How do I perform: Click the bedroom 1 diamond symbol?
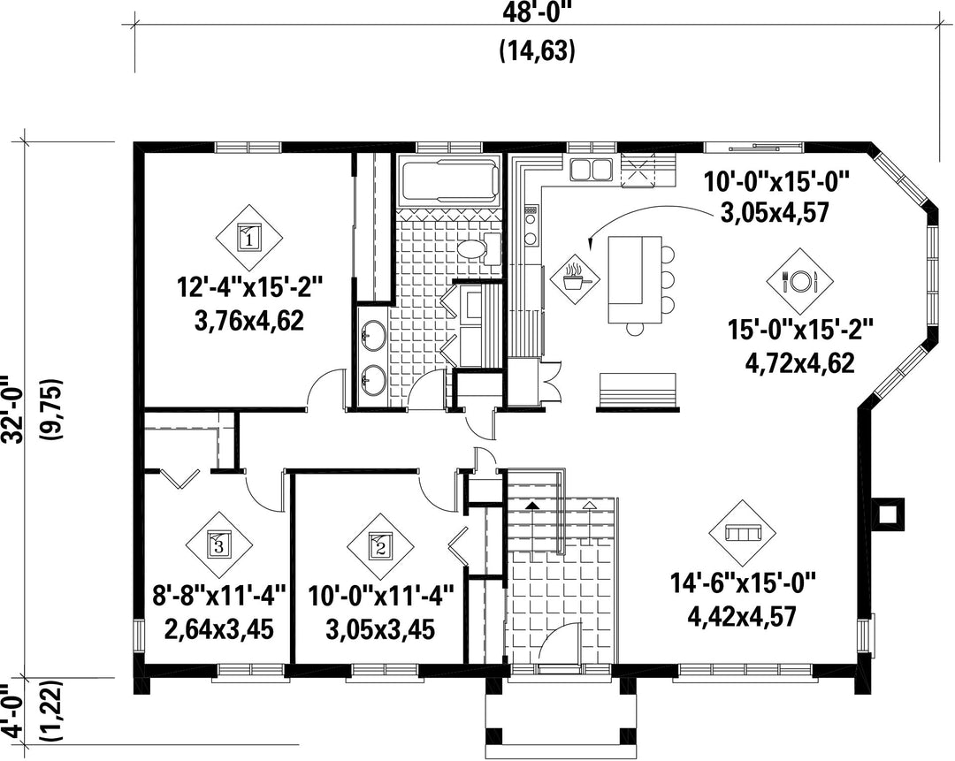pos(248,237)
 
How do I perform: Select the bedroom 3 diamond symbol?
pos(219,543)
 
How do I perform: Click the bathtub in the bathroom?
pos(449,180)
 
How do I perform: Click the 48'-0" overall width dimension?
pos(539,12)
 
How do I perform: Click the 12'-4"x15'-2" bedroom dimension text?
pos(248,286)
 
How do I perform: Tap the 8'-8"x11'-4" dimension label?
pos(219,595)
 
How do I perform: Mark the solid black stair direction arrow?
pos(532,506)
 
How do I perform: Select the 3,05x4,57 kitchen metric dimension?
pos(773,213)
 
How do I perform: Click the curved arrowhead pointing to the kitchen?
pos(591,245)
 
